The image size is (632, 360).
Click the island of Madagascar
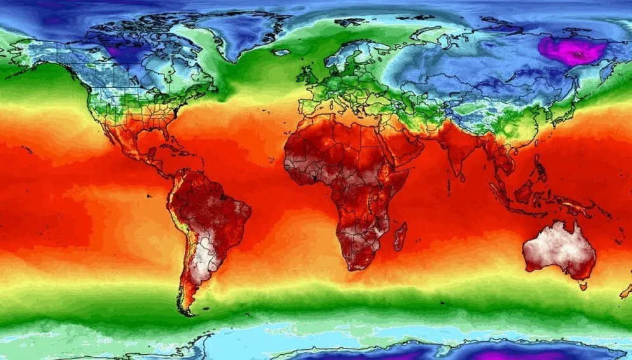[x=400, y=236]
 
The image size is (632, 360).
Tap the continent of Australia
[x=558, y=250]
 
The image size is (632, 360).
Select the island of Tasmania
[x=582, y=287]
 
